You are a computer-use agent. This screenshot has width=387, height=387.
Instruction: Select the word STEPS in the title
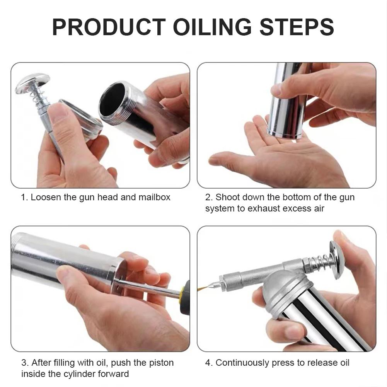pyautogui.click(x=297, y=27)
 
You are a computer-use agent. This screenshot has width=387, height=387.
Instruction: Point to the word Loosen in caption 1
pyautogui.click(x=46, y=197)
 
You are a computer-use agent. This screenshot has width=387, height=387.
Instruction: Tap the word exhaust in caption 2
pyautogui.click(x=264, y=208)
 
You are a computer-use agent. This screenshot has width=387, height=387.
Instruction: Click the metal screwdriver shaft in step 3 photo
pyautogui.click(x=147, y=288)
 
